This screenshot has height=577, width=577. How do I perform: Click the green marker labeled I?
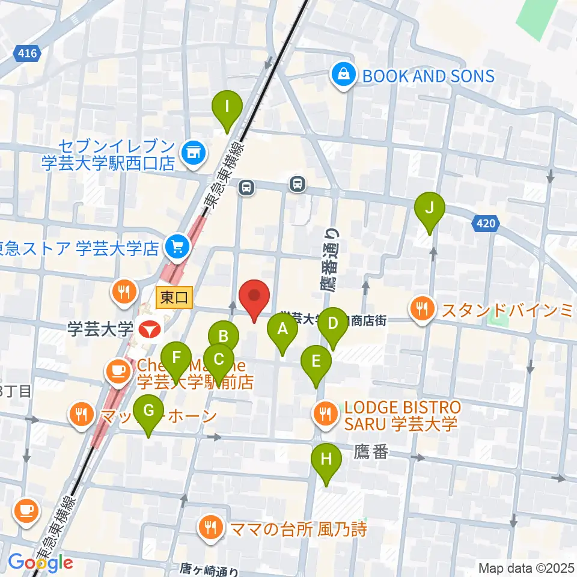227,109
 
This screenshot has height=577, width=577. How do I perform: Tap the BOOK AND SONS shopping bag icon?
343,76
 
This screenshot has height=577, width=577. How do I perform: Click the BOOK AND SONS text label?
427,76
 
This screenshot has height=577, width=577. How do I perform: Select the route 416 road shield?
27,54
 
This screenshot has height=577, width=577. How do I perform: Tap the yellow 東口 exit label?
174,297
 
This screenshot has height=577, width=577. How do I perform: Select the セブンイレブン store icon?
194,150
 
